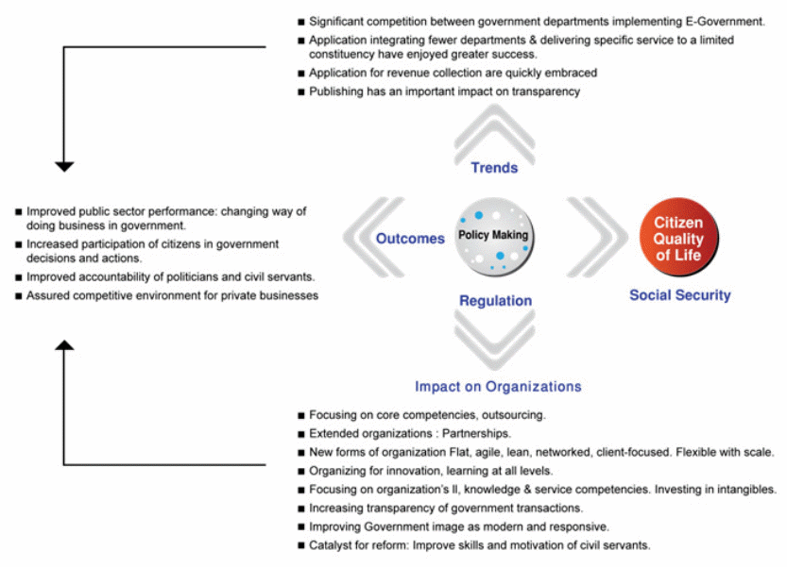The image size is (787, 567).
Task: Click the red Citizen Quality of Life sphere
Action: coord(680,238)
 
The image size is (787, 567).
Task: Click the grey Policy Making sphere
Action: coord(493,236)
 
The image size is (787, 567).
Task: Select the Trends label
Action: coord(494,168)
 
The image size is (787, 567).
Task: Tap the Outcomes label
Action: coord(410,239)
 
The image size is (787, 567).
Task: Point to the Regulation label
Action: coord(495,301)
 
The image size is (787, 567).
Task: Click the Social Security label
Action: coord(680,295)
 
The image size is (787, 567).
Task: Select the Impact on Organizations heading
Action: coord(498,387)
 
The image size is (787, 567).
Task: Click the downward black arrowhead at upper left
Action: coord(63,166)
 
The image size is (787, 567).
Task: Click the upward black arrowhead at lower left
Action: coord(63,346)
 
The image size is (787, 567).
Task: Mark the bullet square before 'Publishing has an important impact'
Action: coord(300,92)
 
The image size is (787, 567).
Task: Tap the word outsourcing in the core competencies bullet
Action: coord(511,414)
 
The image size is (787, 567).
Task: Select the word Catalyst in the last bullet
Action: coord(331,545)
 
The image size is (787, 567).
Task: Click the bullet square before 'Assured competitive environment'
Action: coord(18,296)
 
